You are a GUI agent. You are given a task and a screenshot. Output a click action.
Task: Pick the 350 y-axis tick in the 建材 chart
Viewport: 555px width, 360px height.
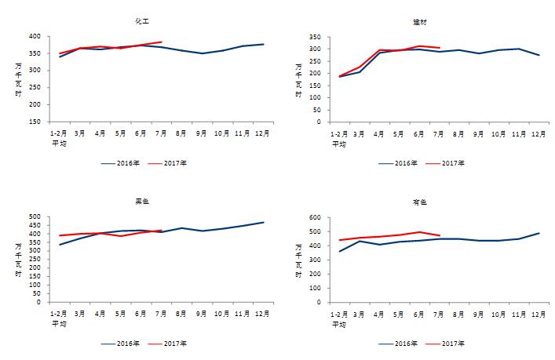point(313,36)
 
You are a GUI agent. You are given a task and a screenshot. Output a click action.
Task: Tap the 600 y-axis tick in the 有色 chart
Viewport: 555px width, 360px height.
point(313,217)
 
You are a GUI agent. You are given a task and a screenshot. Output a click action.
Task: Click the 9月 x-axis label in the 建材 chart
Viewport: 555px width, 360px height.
point(478,133)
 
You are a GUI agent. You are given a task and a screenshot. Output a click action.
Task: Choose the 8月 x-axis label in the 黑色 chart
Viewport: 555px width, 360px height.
point(182,313)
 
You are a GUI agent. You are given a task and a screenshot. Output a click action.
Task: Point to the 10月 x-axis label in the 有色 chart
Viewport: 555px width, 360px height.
point(498,313)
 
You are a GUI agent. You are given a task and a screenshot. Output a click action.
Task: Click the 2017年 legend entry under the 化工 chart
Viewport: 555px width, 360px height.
point(178,163)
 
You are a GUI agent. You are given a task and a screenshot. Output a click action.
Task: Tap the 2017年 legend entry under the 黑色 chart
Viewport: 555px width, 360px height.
point(178,344)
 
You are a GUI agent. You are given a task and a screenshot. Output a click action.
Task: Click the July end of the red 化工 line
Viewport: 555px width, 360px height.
point(162,42)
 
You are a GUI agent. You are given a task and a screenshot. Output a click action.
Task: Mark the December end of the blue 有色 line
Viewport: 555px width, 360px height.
point(540,233)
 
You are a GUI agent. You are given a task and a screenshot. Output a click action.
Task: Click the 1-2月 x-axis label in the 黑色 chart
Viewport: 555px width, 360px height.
point(60,313)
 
